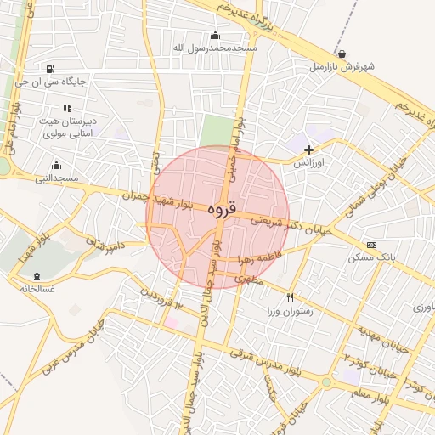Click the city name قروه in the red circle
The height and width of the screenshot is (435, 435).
point(218,209)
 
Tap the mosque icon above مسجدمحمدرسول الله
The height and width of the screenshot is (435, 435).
point(214,35)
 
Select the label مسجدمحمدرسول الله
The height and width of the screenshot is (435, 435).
point(214,48)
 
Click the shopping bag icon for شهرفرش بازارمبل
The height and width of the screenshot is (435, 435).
point(342,53)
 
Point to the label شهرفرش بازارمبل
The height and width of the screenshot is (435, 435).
point(342,65)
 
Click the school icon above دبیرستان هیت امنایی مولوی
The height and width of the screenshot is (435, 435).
point(67,108)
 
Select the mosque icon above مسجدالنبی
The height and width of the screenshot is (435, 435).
point(57,165)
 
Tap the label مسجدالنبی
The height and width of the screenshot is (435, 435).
point(57,178)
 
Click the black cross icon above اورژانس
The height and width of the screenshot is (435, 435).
point(308,150)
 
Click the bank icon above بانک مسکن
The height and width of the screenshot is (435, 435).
point(370,245)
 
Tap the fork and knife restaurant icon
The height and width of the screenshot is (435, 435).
point(291,297)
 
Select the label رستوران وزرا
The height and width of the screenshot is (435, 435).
point(291,311)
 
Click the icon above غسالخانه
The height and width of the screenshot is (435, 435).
point(37,275)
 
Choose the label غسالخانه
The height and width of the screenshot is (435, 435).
point(37,289)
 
